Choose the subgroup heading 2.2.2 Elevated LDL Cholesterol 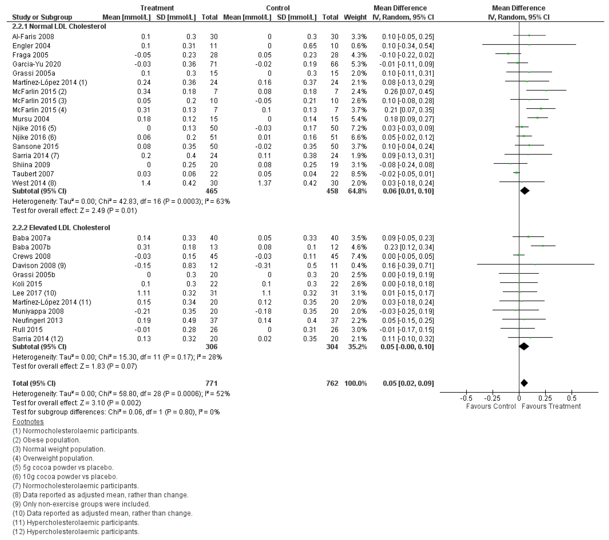[x=61, y=228]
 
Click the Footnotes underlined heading [x=28, y=422]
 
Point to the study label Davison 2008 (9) [x=39, y=265]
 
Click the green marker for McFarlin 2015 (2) [x=546, y=90]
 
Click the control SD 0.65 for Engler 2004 [x=310, y=46]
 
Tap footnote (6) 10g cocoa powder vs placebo [x=65, y=477]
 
